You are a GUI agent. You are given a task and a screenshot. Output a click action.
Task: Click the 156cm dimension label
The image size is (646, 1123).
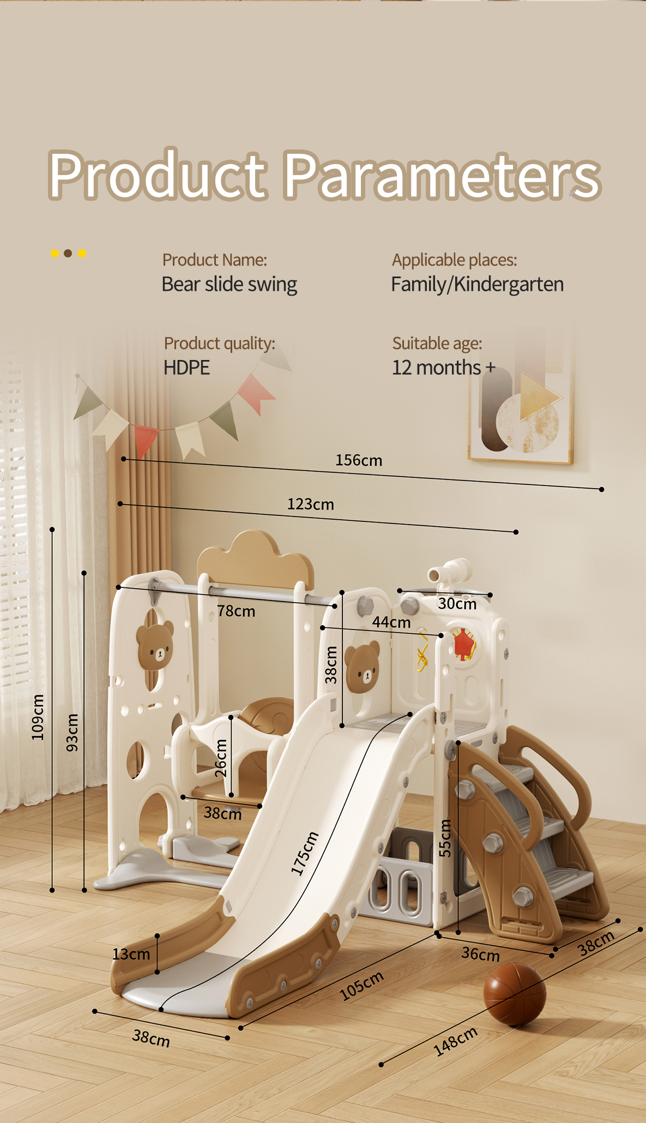click(x=359, y=460)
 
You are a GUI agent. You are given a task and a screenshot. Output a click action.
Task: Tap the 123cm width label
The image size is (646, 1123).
click(x=311, y=504)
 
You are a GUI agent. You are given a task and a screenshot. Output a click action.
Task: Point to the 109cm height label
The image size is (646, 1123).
click(x=38, y=717)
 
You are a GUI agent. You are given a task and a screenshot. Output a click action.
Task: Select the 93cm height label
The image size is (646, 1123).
click(x=72, y=732)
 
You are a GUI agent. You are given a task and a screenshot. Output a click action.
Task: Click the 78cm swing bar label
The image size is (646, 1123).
click(x=236, y=611)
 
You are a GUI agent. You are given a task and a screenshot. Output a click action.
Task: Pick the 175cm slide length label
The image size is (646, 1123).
click(x=304, y=854)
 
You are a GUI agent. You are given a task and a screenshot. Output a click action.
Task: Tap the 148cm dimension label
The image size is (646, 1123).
click(x=456, y=1041)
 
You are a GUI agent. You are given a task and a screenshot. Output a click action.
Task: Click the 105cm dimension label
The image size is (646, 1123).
click(x=361, y=986)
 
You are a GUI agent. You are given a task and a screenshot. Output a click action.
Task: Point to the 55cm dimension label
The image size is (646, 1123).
click(x=445, y=838)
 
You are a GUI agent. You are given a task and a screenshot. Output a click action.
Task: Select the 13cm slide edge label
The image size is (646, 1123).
click(x=131, y=954)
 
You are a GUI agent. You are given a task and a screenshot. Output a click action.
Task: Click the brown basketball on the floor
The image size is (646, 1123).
click(x=514, y=994)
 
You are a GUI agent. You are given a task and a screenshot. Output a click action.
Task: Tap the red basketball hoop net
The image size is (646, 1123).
click(x=463, y=644)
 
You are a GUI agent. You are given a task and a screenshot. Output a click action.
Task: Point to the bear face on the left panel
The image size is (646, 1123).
click(x=155, y=646)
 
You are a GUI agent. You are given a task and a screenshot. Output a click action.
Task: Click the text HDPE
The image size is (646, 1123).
click(x=186, y=368)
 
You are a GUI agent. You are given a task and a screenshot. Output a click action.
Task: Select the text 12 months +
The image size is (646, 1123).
click(x=444, y=368)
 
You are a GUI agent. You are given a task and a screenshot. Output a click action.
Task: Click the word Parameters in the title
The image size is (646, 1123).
click(x=442, y=176)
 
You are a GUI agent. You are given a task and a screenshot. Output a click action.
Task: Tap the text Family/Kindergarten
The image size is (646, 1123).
click(x=478, y=284)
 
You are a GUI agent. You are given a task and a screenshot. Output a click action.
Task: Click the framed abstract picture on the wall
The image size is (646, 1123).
click(x=521, y=403)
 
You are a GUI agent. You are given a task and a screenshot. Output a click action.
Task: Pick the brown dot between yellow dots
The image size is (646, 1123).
click(x=68, y=253)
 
